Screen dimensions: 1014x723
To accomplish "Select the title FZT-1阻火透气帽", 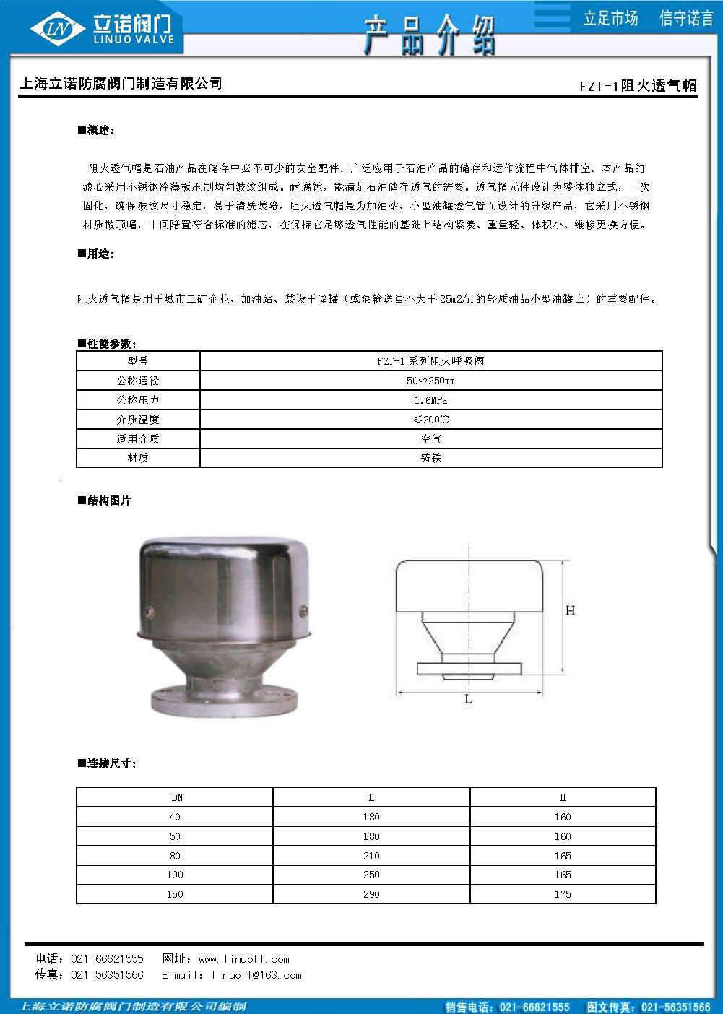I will pyautogui.click(x=638, y=85).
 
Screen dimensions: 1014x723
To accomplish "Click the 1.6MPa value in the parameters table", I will pyautogui.click(x=430, y=400).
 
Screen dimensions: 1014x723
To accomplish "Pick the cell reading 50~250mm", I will pyautogui.click(x=430, y=381).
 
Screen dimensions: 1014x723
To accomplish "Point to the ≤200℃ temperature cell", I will pyautogui.click(x=430, y=420).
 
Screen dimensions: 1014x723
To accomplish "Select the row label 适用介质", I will pyautogui.click(x=138, y=439).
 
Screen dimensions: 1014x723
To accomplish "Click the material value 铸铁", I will pyautogui.click(x=430, y=458).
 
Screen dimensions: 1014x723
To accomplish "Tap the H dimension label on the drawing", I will pyautogui.click(x=570, y=611).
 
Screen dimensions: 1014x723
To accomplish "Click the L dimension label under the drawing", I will pyautogui.click(x=468, y=699).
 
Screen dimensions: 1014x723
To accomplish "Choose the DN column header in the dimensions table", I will pyautogui.click(x=177, y=797).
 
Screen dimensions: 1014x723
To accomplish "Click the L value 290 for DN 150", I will pyautogui.click(x=371, y=894).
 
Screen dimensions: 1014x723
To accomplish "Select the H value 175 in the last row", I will pyautogui.click(x=563, y=894).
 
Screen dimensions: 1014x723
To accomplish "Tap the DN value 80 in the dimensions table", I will pyautogui.click(x=175, y=856).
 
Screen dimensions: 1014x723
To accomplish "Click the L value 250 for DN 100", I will pyautogui.click(x=371, y=875).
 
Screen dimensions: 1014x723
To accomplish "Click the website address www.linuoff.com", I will pyautogui.click(x=243, y=959).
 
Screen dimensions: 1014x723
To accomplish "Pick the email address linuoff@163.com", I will pyautogui.click(x=256, y=975).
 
